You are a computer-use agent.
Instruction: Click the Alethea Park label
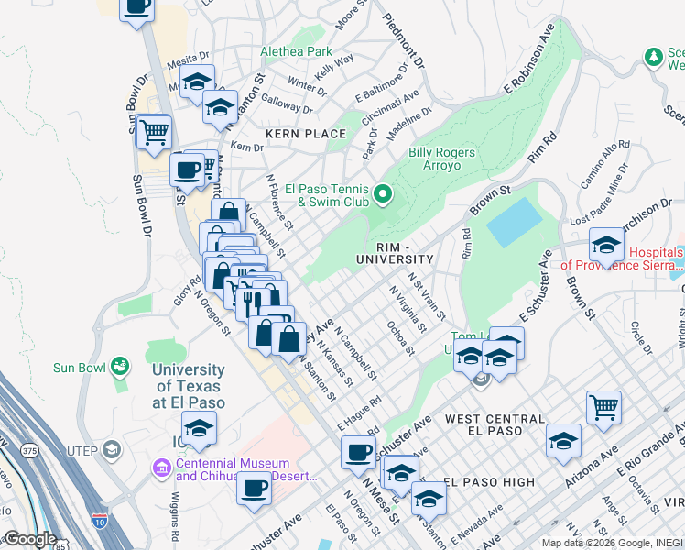click(296, 52)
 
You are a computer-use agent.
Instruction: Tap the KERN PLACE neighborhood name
click(306, 134)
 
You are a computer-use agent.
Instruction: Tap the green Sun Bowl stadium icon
click(119, 368)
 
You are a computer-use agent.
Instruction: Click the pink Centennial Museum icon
click(162, 469)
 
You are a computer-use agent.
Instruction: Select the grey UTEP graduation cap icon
click(111, 448)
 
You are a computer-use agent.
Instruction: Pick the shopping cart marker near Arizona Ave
click(603, 406)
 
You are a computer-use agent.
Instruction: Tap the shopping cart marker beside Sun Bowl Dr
click(154, 133)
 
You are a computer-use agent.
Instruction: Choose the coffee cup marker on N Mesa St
click(358, 452)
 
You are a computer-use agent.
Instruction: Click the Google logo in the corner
click(30, 539)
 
